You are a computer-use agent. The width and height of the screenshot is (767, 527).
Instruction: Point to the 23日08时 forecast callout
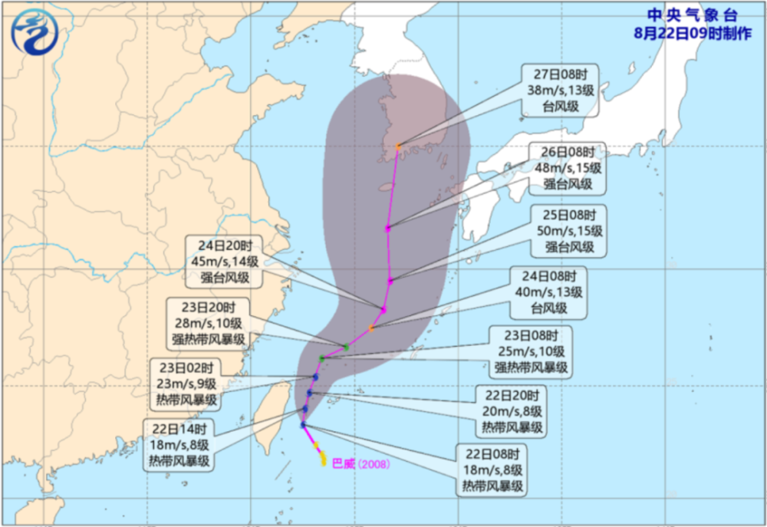(x=528, y=351)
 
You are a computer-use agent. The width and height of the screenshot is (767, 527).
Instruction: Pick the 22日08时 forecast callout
(x=494, y=469)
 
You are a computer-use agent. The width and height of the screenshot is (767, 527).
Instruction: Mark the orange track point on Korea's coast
(x=398, y=147)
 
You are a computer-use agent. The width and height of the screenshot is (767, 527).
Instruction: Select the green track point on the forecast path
(x=347, y=347)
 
